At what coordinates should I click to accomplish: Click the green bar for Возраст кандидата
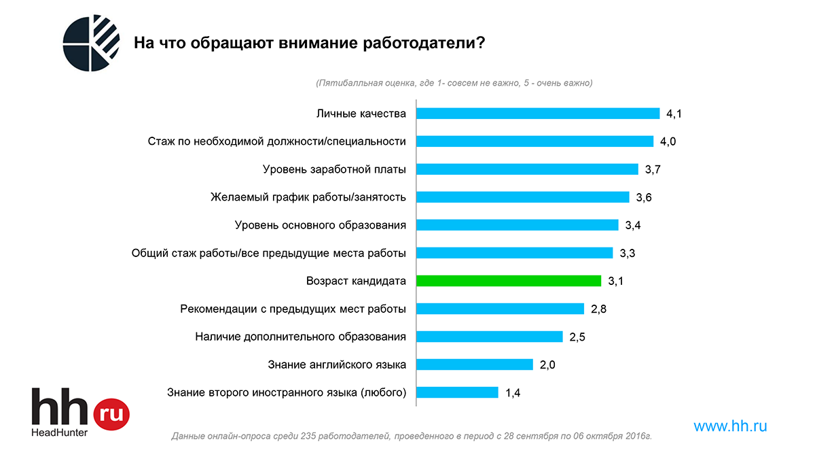click(508, 281)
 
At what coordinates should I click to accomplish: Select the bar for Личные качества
click(537, 114)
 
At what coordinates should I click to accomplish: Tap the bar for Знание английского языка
click(474, 364)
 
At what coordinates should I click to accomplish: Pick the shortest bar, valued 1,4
click(457, 392)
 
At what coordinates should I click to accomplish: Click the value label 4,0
click(668, 141)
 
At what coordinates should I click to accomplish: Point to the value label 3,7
click(653, 169)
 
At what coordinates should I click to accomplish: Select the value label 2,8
click(598, 309)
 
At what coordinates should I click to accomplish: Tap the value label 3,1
click(615, 281)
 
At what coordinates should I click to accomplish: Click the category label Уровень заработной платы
click(334, 169)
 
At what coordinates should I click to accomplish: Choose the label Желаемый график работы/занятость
click(308, 197)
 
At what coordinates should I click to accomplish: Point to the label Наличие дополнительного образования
click(300, 337)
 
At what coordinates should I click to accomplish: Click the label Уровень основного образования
click(320, 225)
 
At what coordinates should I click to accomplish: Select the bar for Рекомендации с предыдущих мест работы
click(500, 309)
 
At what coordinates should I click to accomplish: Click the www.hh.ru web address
click(730, 426)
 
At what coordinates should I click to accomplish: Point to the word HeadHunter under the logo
click(60, 432)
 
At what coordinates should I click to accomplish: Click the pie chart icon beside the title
click(91, 42)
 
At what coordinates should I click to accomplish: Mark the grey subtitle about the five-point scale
click(454, 83)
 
